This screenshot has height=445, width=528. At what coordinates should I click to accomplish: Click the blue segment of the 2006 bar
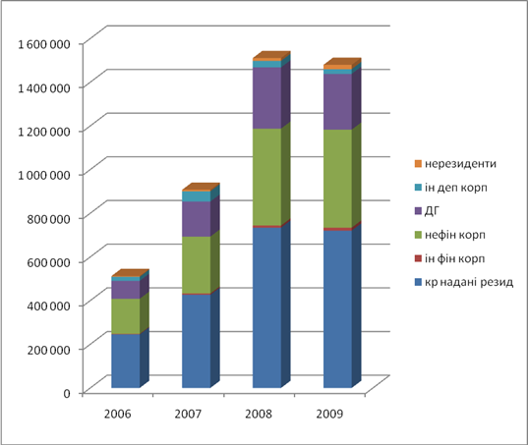(126, 361)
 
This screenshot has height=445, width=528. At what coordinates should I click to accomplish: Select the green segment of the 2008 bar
(267, 177)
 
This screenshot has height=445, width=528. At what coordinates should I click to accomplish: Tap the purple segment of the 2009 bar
(338, 101)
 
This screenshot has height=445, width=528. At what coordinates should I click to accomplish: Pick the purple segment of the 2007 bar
(197, 219)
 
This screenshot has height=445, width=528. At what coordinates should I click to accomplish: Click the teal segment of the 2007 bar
(197, 196)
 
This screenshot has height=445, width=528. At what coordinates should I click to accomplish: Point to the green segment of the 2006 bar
(126, 316)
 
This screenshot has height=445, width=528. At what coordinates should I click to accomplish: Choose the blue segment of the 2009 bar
(338, 309)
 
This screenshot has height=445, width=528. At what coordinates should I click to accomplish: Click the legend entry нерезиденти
(455, 164)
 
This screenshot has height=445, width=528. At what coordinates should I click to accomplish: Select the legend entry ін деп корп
(451, 188)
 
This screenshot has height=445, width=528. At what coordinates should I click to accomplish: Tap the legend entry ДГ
(427, 211)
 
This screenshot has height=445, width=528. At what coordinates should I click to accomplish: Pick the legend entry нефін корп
(450, 235)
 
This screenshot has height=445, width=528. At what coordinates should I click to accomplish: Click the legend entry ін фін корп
(450, 258)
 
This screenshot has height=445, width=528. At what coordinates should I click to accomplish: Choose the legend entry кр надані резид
(464, 282)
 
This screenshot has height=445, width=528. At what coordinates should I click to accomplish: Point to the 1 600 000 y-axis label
(44, 44)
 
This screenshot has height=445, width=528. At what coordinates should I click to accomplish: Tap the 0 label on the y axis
(67, 393)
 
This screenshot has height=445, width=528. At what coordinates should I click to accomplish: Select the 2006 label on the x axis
(118, 414)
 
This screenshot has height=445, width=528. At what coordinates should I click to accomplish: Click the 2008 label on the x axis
(259, 414)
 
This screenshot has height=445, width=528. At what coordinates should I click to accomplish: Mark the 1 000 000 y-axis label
(44, 175)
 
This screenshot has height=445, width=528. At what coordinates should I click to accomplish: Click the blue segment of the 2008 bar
(267, 307)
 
